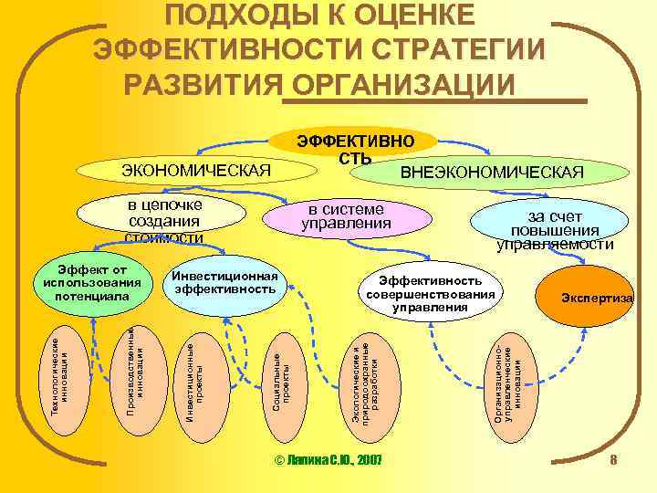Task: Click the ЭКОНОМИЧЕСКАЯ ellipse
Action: click(x=196, y=171)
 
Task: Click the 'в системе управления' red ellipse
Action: click(x=346, y=216)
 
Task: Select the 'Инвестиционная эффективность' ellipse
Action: click(x=224, y=283)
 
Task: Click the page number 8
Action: click(x=614, y=459)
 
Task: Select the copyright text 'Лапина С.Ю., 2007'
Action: click(x=328, y=459)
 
